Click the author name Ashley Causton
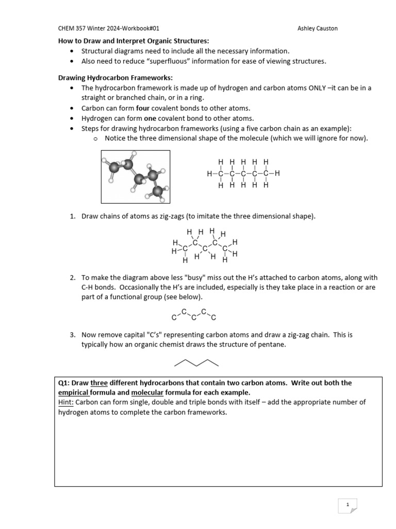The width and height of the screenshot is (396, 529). [x=318, y=28]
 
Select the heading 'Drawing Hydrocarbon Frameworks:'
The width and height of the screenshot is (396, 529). [x=108, y=77]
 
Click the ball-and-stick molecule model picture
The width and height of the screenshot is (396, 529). [x=135, y=177]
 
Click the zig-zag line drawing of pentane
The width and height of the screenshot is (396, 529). [x=196, y=362]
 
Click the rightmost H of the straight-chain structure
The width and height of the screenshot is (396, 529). [x=277, y=174]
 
